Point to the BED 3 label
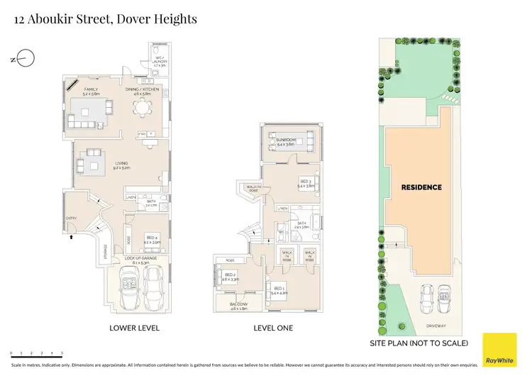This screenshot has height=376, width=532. pyautogui.click(x=306, y=183)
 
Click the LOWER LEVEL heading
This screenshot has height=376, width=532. pyautogui.click(x=134, y=328)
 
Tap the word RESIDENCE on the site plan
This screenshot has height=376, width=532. pyautogui.click(x=421, y=187)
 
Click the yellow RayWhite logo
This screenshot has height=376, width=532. pyautogui.click(x=499, y=348)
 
